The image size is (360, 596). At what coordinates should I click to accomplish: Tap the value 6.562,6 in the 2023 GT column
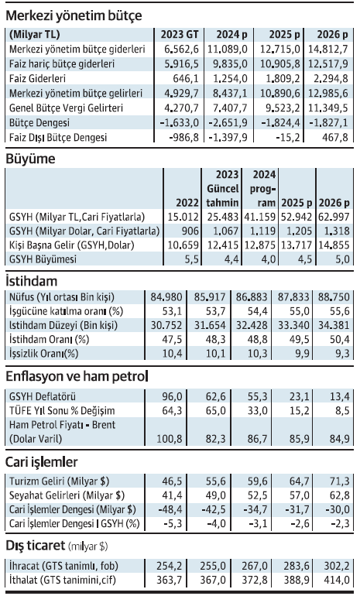(181, 50)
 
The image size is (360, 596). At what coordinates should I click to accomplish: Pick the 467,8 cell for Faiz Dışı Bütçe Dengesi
(333, 138)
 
